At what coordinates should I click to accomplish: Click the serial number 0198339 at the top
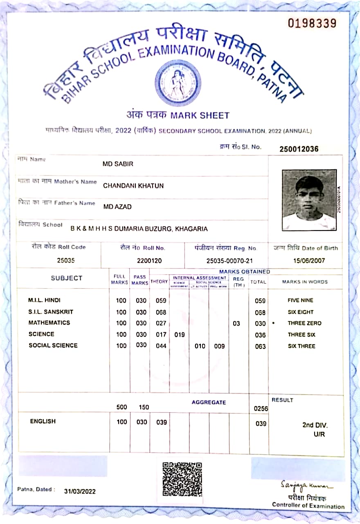[x=312, y=23]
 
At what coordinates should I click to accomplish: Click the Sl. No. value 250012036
[x=299, y=149]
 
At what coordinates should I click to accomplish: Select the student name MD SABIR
[x=118, y=164]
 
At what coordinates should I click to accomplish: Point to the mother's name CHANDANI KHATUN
[x=133, y=185]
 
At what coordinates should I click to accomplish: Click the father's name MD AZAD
[x=117, y=207]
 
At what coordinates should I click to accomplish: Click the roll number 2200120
[x=149, y=260]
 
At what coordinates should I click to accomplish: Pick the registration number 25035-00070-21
[x=229, y=260]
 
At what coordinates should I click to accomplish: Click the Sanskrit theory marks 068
[x=161, y=312]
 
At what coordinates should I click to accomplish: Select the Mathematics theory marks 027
[x=161, y=323]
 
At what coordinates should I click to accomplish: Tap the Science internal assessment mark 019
[x=179, y=335]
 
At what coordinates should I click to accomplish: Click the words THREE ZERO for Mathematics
[x=304, y=323]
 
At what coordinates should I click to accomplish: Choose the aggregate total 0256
[x=260, y=409]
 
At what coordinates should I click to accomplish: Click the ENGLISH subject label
[x=43, y=421]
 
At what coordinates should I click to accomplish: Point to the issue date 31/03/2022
[x=80, y=491]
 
